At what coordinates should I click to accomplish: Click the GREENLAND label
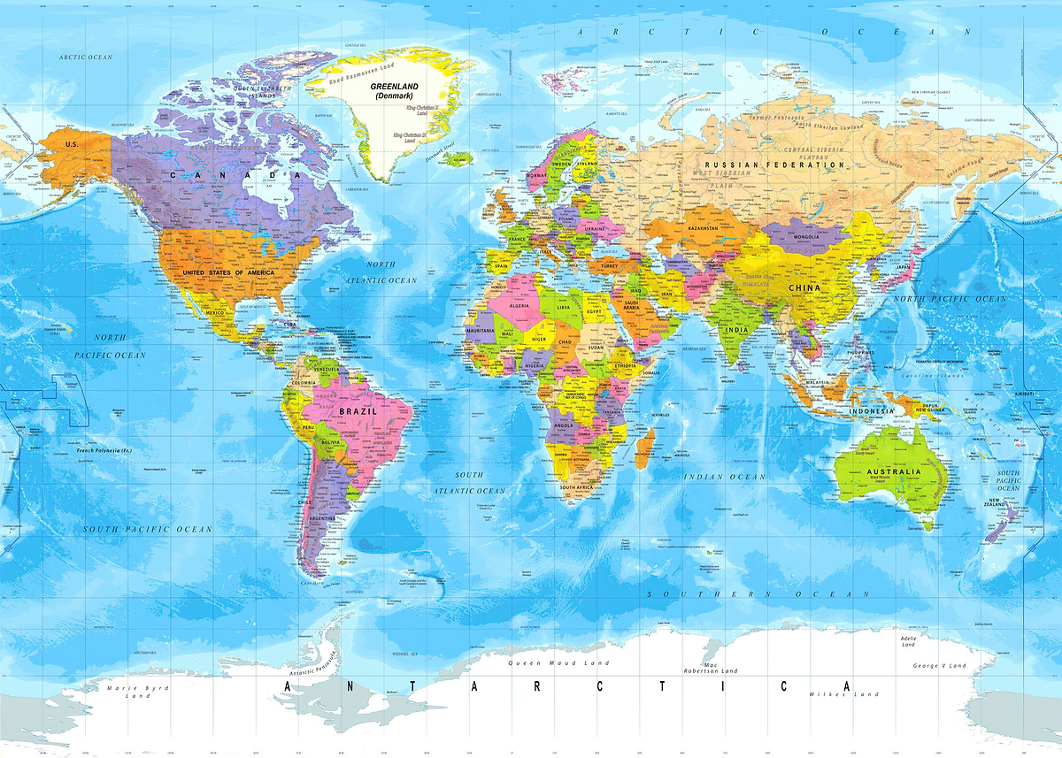(391, 88)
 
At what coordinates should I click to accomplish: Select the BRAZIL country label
(358, 411)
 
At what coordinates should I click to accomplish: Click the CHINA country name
(804, 287)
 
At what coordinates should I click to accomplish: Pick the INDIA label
(736, 330)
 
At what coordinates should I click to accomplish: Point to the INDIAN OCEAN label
(724, 477)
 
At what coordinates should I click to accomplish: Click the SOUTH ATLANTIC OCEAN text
(469, 483)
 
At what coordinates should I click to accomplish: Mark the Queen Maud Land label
(546, 662)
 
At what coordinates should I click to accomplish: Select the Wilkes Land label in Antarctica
(843, 694)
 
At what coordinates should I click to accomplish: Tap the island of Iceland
(458, 159)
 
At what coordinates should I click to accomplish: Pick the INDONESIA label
(873, 411)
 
